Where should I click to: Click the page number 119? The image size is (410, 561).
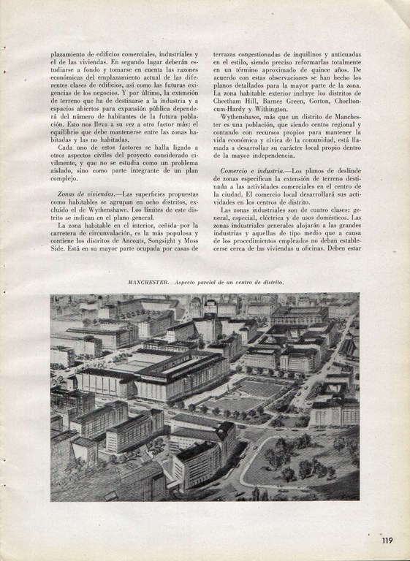[387, 541]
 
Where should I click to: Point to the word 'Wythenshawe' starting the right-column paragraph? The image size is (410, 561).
[243, 115]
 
